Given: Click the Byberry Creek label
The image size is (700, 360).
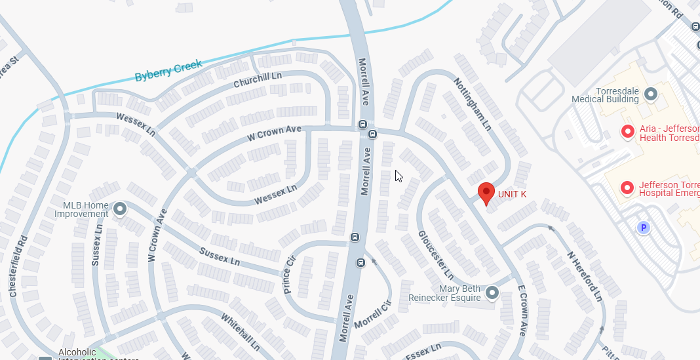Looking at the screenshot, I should [x=168, y=69].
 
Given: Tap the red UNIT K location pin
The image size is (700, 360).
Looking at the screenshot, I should [x=486, y=193].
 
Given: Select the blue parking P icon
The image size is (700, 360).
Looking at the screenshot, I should [x=644, y=228].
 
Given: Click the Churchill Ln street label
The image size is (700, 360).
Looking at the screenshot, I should [x=258, y=81].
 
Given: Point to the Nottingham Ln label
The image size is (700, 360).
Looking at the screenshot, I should [x=471, y=103].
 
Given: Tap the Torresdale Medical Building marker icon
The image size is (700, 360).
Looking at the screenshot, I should [x=651, y=94].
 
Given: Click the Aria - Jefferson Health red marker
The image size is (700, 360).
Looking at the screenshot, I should [x=627, y=132].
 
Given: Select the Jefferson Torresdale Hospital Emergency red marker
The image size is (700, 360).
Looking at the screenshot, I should [x=627, y=189].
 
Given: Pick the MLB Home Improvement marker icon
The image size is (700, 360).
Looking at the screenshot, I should [x=120, y=209].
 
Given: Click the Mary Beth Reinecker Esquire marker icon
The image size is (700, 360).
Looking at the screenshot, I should [x=492, y=292].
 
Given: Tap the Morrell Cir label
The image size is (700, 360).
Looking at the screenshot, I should [x=372, y=315].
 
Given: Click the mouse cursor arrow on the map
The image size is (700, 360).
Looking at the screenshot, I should [x=399, y=176].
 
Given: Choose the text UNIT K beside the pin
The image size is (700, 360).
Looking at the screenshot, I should [x=512, y=194].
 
